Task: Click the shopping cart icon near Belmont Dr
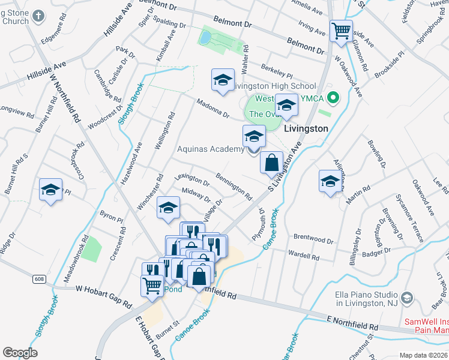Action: pos(341,30)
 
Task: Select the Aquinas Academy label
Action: pos(211,149)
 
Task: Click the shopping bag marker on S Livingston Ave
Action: pos(271,162)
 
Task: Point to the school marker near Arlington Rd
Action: pos(330,182)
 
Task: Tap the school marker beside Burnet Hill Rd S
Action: pos(50,190)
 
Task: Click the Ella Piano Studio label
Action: pos(367,299)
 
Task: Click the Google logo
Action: pos(20,353)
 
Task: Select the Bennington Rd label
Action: pos(233,187)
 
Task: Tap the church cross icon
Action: pos(38,16)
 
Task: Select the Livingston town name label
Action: pos(306,128)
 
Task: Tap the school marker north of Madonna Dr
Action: pos(223,80)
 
